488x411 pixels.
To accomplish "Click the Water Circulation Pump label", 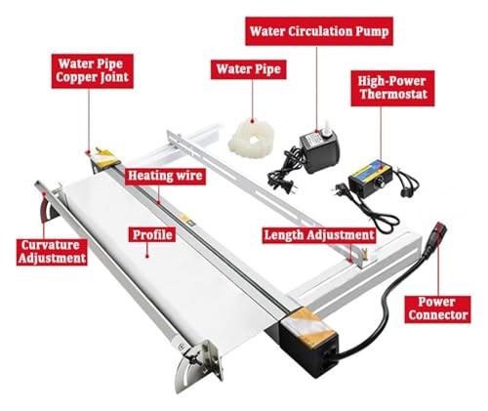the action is [x=319, y=31].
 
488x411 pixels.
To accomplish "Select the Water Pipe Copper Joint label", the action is [x=93, y=71].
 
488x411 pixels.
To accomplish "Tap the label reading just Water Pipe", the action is [x=249, y=69].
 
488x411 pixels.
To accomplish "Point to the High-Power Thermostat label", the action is [x=392, y=88].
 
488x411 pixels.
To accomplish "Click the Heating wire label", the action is [x=165, y=176].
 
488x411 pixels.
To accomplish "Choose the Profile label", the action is [x=152, y=235].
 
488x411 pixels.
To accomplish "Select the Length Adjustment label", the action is [x=319, y=235].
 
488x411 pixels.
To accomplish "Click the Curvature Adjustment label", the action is [x=52, y=252].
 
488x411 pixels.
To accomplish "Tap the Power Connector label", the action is [x=437, y=309].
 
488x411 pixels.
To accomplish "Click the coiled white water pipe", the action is [x=251, y=138].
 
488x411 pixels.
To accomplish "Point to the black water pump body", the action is [x=319, y=151].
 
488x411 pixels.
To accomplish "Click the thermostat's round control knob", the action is [x=379, y=184].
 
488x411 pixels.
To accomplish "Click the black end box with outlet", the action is [x=308, y=342].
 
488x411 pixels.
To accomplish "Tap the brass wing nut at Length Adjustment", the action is [x=365, y=253].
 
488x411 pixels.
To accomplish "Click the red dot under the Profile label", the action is [x=147, y=256].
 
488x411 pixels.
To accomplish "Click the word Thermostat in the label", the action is [x=393, y=95].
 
